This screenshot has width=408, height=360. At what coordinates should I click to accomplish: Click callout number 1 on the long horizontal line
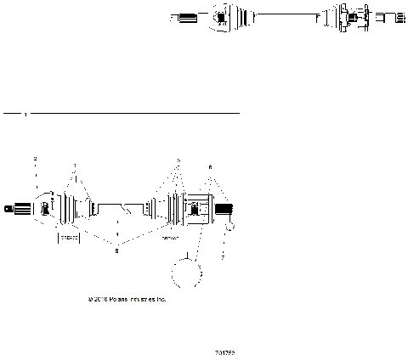click(25, 113)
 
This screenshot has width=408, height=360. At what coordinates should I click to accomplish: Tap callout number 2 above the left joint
click(35, 160)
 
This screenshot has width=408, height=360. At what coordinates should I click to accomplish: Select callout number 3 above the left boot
click(75, 166)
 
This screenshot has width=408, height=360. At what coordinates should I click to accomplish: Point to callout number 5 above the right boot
click(178, 160)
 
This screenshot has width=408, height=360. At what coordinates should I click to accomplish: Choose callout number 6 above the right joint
click(210, 167)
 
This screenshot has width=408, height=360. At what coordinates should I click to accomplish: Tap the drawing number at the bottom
click(224, 351)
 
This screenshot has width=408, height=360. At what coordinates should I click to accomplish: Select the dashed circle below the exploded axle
click(187, 277)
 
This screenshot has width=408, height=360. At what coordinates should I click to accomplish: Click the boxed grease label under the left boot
click(69, 239)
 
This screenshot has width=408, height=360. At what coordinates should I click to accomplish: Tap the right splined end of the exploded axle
click(224, 209)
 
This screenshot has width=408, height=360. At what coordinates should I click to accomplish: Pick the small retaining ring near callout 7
click(228, 226)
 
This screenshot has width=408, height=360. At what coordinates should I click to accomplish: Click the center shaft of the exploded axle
click(119, 207)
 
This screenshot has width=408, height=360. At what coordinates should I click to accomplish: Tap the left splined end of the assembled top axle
click(183, 16)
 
